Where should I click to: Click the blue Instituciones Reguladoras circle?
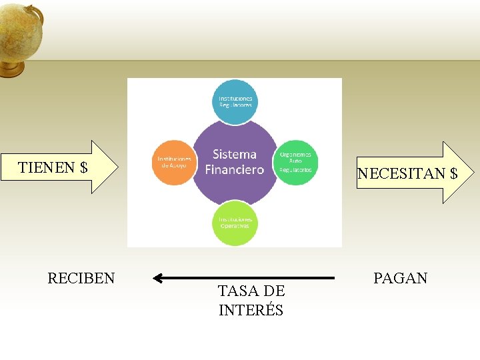(x=235, y=101)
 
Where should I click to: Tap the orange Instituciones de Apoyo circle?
(x=174, y=162)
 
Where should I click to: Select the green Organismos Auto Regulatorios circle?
(x=295, y=161)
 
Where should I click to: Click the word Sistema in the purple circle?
(x=235, y=155)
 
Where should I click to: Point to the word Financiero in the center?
(x=235, y=169)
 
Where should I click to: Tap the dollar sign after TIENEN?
(x=83, y=167)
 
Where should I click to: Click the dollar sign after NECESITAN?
(x=453, y=174)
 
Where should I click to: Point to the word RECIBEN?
(x=81, y=278)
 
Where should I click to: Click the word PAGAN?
(x=400, y=278)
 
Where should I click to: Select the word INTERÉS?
(x=251, y=310)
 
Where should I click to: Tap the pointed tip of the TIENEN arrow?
(x=118, y=167)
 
